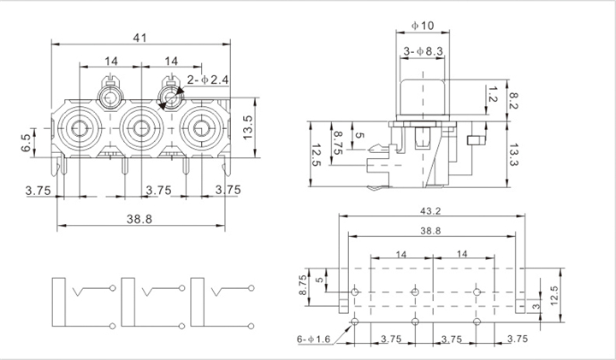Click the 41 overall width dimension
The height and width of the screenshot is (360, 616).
pyautogui.click(x=139, y=38)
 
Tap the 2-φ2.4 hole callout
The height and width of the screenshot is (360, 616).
pyautogui.click(x=208, y=80)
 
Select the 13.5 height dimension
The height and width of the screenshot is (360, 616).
pyautogui.click(x=248, y=127)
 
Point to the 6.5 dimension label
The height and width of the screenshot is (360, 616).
pyautogui.click(x=26, y=143)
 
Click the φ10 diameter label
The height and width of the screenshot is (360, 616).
pyautogui.click(x=423, y=26)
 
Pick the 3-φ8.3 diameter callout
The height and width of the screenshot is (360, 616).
pyautogui.click(x=423, y=51)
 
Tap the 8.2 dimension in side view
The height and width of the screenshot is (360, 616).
pyautogui.click(x=513, y=101)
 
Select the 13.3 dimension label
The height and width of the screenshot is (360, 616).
pyautogui.click(x=513, y=155)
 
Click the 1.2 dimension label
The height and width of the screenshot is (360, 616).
pyautogui.click(x=492, y=94)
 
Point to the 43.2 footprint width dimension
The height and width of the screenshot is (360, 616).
pyautogui.click(x=430, y=211)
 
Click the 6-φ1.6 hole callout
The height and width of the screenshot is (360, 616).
pyautogui.click(x=314, y=339)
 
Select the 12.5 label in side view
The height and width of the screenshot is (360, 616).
pyautogui.click(x=317, y=155)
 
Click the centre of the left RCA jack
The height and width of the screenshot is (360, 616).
pyautogui.click(x=80, y=128)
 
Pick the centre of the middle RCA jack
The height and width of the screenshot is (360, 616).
pyautogui.click(x=141, y=128)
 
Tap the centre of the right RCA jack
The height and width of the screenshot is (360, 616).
pyautogui.click(x=202, y=128)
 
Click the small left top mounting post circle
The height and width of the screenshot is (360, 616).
pyautogui.click(x=110, y=97)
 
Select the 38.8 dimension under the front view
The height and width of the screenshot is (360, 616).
pyautogui.click(x=139, y=219)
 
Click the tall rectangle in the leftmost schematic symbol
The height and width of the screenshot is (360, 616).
pyautogui.click(x=58, y=302)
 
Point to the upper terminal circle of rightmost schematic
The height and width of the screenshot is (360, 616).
pyautogui.click(x=251, y=288)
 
